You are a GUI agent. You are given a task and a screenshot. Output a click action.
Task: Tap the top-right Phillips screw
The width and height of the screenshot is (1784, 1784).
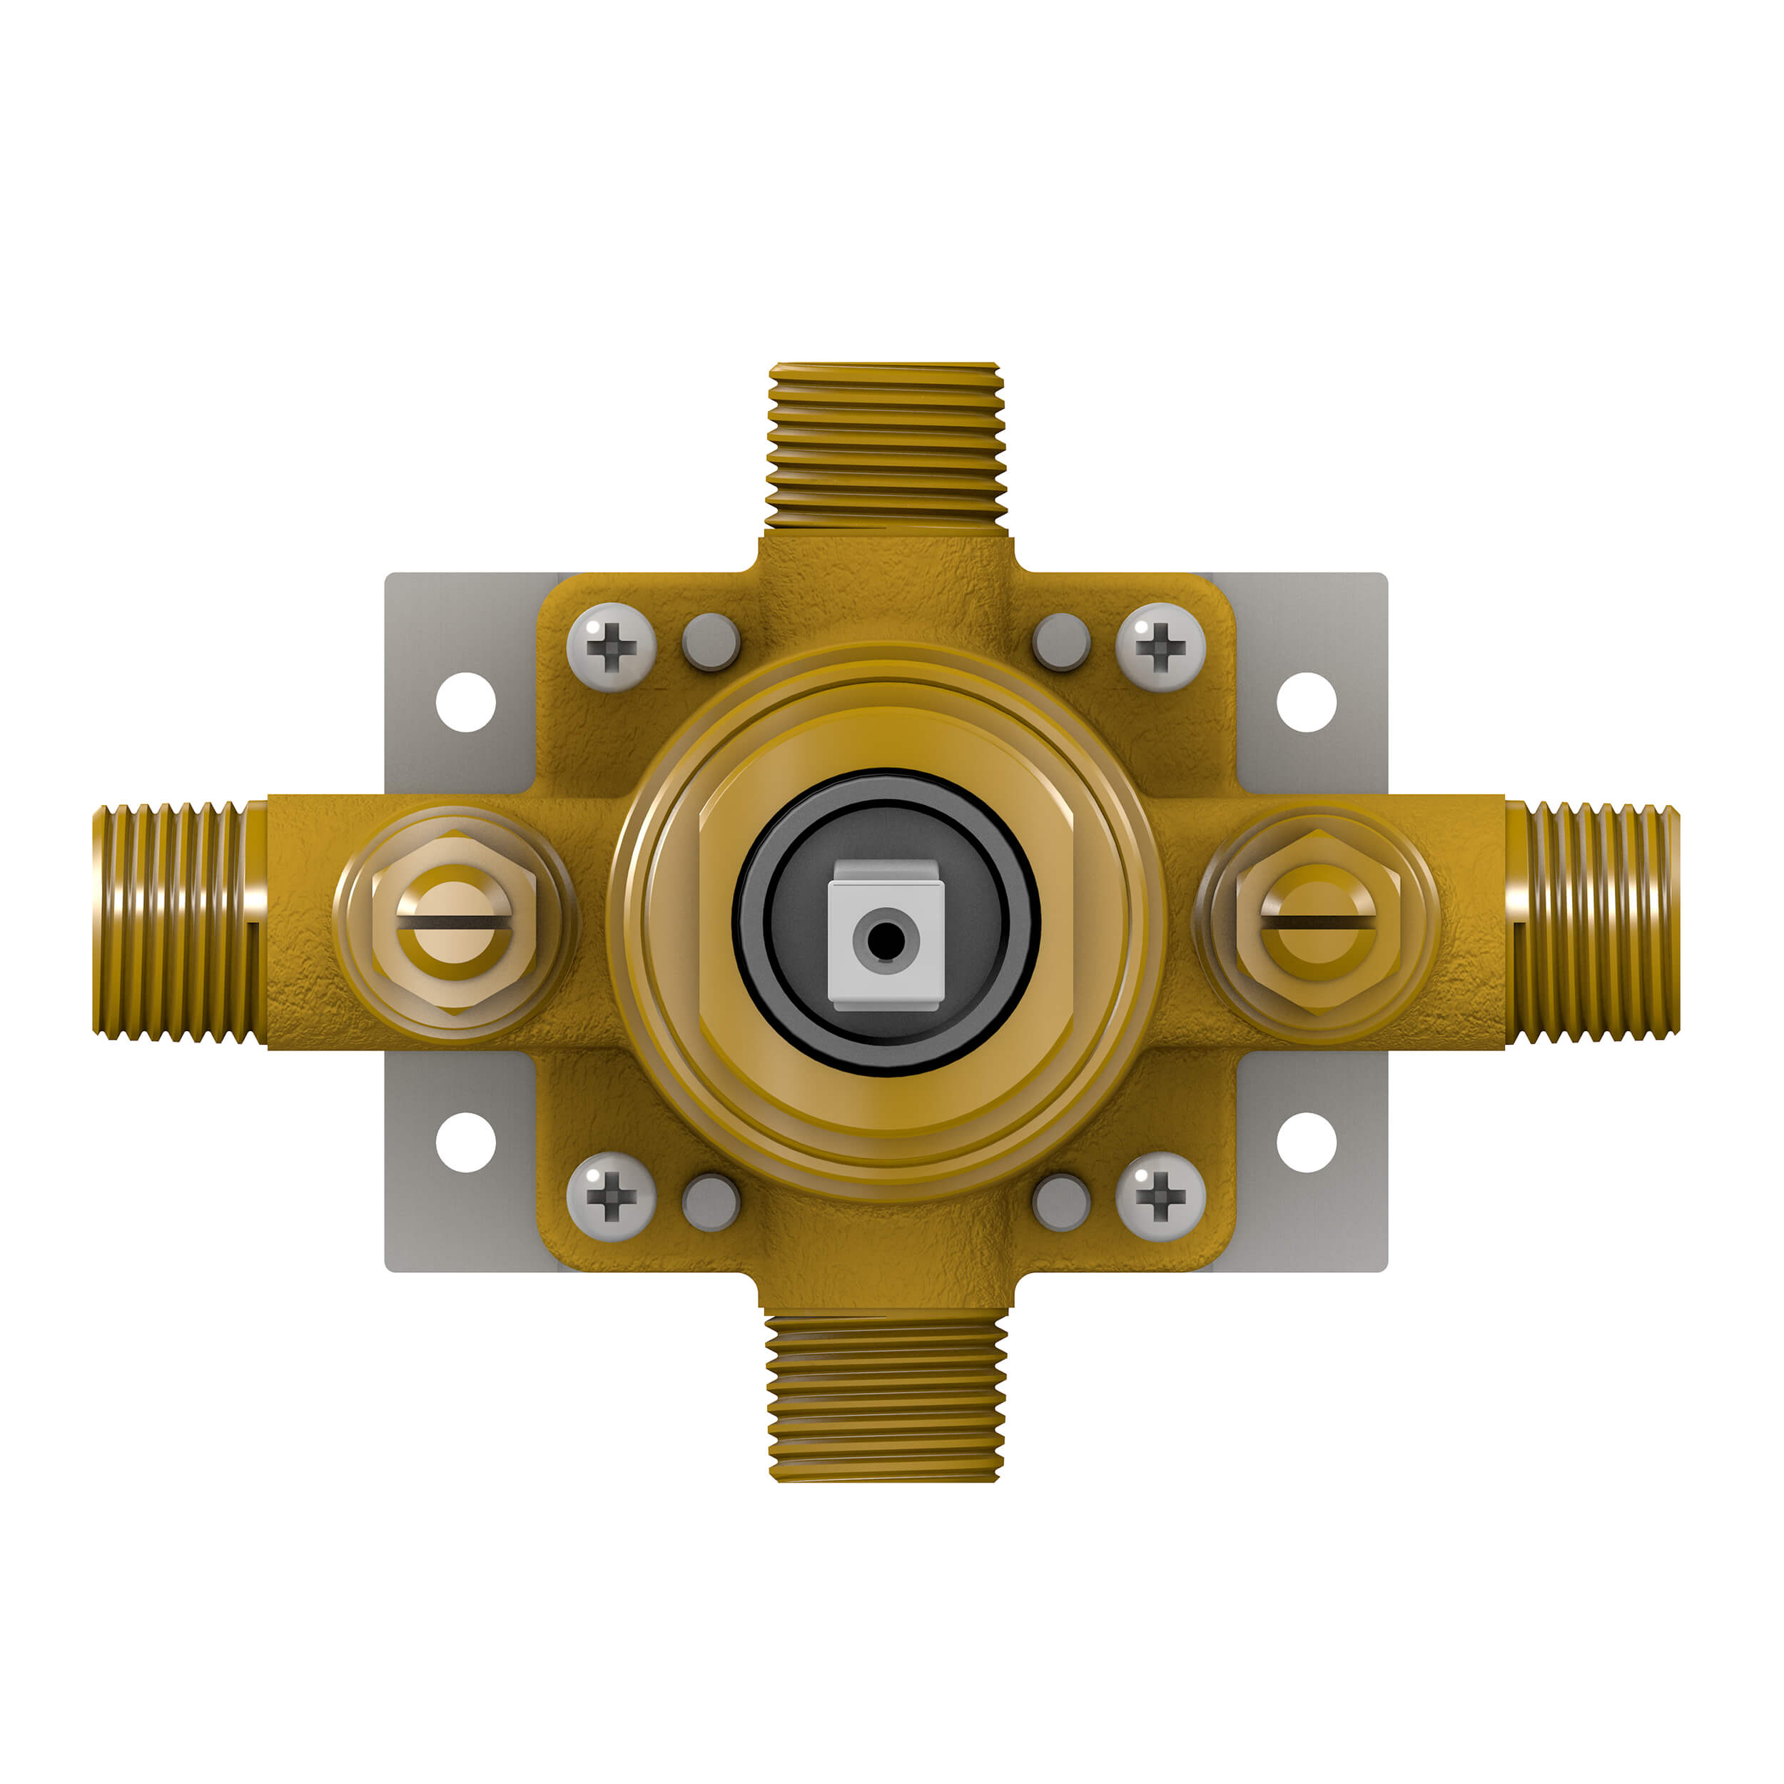1161,647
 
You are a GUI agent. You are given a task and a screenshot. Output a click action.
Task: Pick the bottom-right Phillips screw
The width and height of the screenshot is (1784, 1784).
1161,1197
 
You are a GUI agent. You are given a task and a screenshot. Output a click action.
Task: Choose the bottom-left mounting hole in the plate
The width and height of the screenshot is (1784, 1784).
465,1142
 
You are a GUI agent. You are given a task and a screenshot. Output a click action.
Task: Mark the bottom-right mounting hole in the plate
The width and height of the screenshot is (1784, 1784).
1307,1142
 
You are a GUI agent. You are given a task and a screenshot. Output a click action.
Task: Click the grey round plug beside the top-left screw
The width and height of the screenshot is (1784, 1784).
710,642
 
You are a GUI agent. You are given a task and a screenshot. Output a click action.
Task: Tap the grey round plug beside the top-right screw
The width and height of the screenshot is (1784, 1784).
1061,642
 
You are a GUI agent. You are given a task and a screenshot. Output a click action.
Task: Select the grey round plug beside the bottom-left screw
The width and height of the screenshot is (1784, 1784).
710,1202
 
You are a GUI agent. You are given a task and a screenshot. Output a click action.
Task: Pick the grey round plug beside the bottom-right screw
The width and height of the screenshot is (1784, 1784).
1061,1202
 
